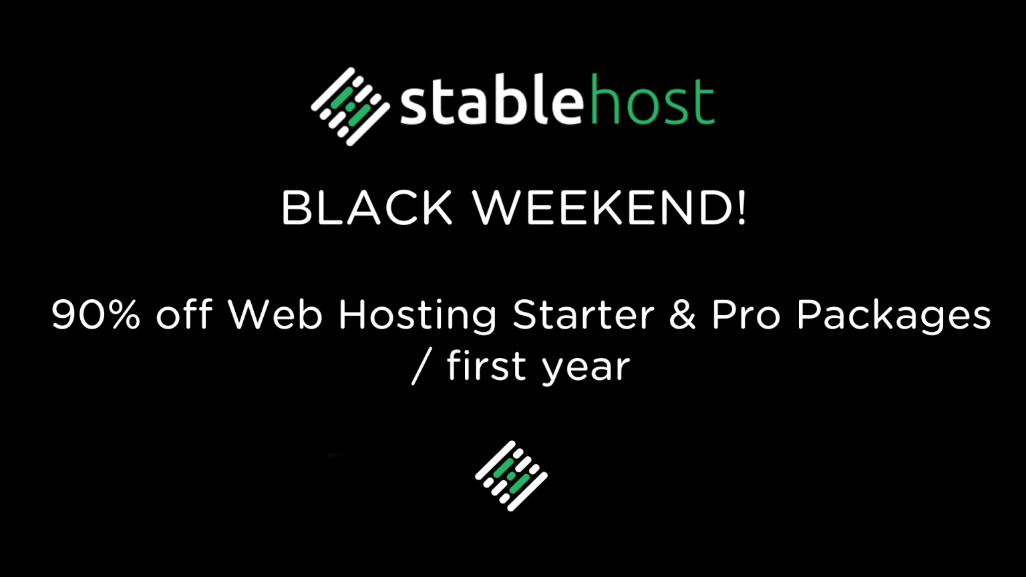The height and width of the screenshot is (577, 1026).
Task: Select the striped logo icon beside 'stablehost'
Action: pos(350,106)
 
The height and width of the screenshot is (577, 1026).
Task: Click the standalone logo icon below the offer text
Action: pos(511,475)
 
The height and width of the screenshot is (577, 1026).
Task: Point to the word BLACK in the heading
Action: pos(367,208)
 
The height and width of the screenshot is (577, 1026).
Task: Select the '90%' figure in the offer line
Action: pos(96,315)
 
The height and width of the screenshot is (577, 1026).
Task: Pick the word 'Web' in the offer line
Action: pos(275,315)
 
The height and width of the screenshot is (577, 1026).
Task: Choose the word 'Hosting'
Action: pos(417,316)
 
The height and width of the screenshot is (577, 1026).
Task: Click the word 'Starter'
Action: pos(583,315)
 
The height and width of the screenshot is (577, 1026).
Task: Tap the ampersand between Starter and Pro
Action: pos(682,315)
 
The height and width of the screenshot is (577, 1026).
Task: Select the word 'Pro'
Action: pos(745,315)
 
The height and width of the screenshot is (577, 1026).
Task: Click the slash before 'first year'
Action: pos(419,367)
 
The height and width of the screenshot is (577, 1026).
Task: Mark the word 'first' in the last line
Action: pos(486,365)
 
